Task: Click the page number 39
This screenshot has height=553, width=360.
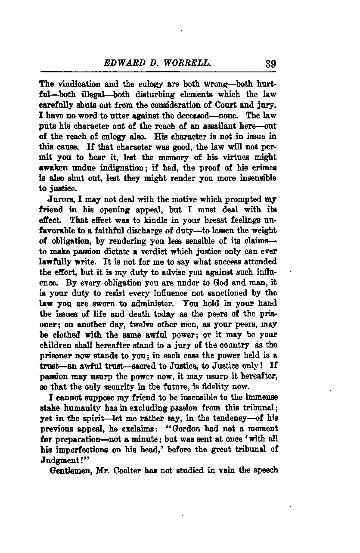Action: point(270,64)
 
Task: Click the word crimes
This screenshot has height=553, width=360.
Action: point(264,168)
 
